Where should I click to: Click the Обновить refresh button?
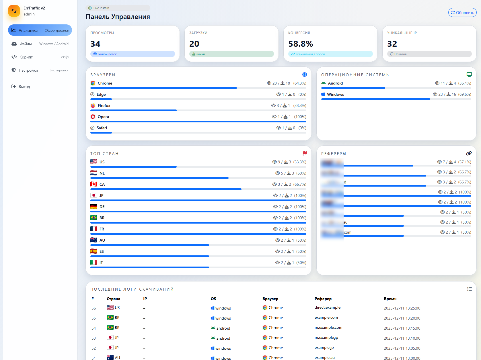point(462,13)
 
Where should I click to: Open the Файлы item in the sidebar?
point(26,44)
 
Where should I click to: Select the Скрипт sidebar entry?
point(26,57)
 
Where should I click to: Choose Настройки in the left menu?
point(28,70)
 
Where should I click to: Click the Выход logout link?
point(24,87)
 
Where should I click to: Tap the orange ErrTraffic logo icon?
point(14,11)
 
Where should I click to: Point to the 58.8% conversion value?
point(301,44)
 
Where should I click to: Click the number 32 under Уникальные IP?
point(392,44)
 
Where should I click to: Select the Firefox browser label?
point(104,105)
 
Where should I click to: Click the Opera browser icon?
point(93,117)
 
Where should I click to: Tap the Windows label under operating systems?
point(335,94)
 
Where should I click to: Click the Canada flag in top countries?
point(94,184)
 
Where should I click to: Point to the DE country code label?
point(102,207)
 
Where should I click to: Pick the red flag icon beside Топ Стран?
point(305,153)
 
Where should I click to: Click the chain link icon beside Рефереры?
point(469,153)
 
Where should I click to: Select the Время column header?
point(390,299)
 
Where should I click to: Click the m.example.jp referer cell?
point(326,338)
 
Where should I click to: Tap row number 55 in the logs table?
point(94,318)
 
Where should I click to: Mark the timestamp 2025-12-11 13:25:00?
point(402,308)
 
